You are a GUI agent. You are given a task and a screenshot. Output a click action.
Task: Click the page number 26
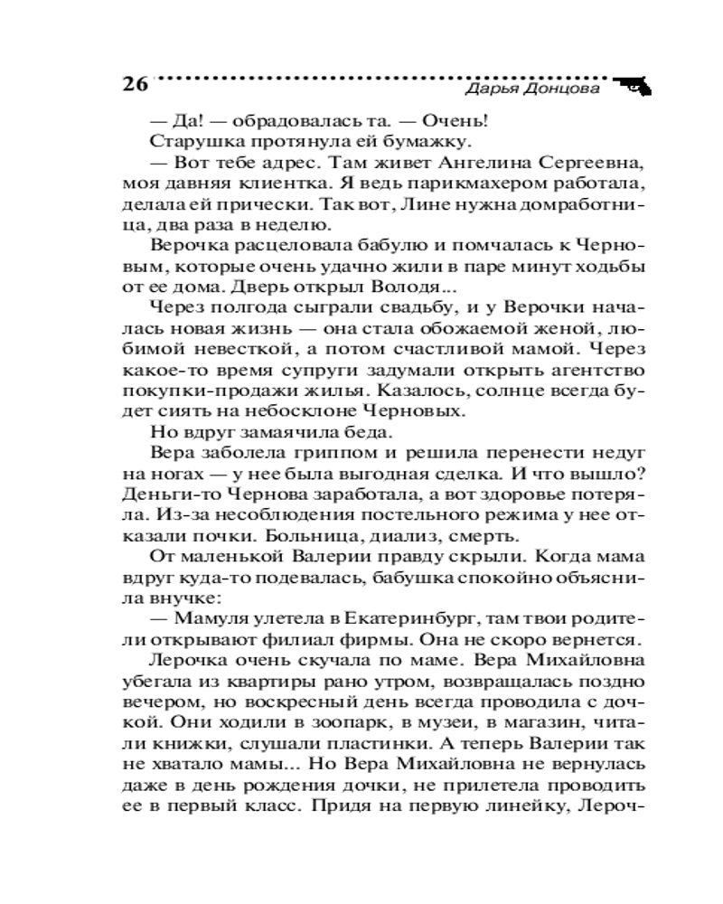134,85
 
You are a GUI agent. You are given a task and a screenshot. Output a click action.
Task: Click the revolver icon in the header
635,86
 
